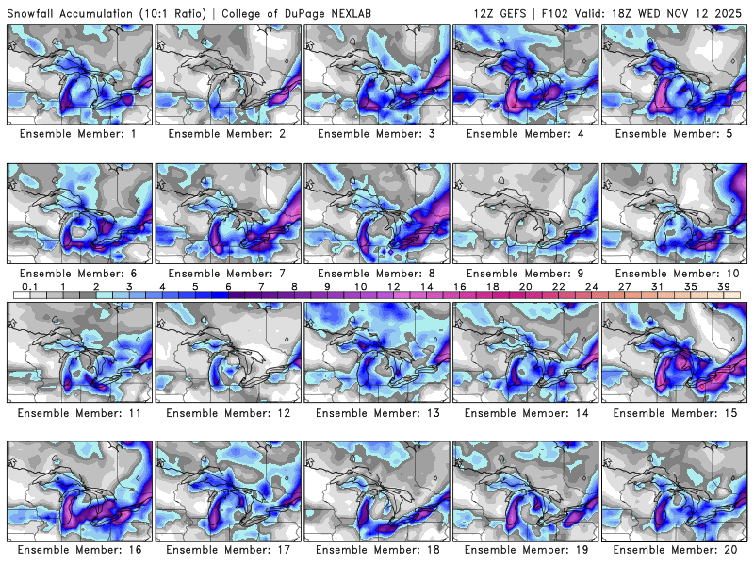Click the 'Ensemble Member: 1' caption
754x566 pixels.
pyautogui.click(x=80, y=134)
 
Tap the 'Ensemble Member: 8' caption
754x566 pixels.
pyautogui.click(x=377, y=274)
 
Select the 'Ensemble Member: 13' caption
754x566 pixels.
pyautogui.click(x=377, y=412)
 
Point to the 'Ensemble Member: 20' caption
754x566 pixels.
pyautogui.click(x=675, y=550)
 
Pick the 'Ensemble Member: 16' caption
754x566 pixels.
pyautogui.click(x=80, y=550)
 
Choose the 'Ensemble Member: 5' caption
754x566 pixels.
pyautogui.click(x=675, y=134)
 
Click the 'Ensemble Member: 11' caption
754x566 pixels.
pyautogui.click(x=80, y=412)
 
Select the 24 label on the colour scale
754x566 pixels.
pyautogui.click(x=591, y=286)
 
